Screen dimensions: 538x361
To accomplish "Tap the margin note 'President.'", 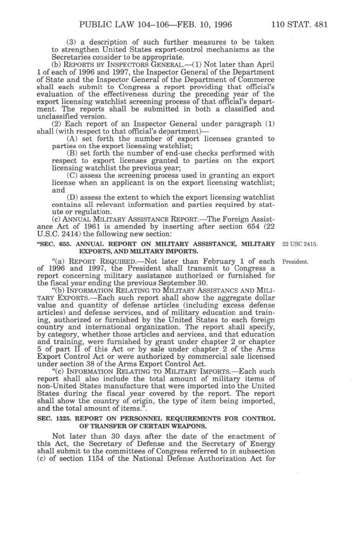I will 295,262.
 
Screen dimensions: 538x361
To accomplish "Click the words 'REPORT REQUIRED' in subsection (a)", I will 100,262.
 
